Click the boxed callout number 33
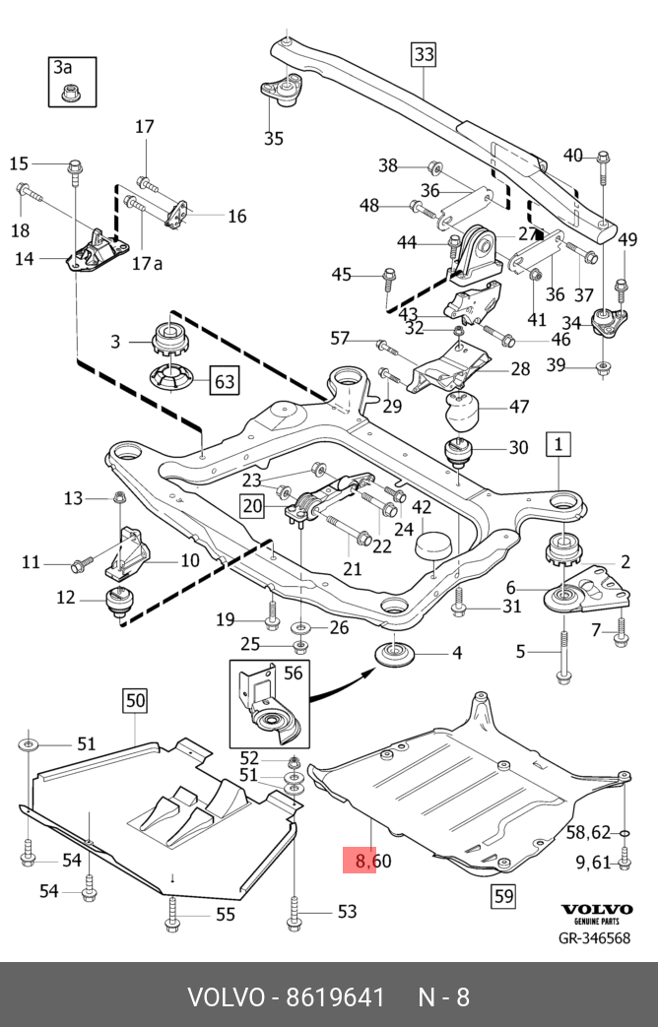click(423, 54)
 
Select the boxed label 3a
click(63, 67)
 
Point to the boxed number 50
click(134, 701)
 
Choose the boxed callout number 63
click(225, 380)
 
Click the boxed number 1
click(558, 444)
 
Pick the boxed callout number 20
click(251, 506)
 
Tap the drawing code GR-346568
click(595, 937)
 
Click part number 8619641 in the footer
click(334, 996)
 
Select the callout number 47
click(519, 407)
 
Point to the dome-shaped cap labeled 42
click(433, 547)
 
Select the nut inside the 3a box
click(69, 94)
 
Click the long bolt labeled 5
click(562, 655)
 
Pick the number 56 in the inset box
click(293, 673)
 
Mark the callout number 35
click(274, 138)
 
